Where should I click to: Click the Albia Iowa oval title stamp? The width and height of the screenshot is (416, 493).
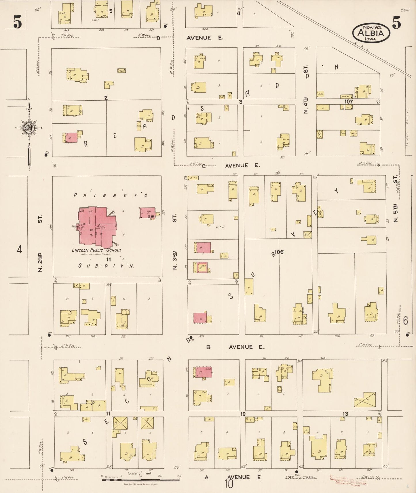tap(371, 33)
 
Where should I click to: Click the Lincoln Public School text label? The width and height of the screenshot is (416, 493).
tap(97, 250)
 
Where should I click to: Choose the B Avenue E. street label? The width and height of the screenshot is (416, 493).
tap(235, 347)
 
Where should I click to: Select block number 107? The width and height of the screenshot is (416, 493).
tap(348, 102)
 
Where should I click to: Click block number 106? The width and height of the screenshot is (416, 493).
tap(279, 252)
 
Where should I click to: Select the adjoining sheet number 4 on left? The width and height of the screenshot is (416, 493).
tap(19, 249)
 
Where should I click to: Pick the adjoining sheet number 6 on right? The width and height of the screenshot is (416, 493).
tap(406, 320)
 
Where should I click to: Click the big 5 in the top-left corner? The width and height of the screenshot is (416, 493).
tap(17, 22)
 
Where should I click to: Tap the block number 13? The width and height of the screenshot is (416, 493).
tap(345, 414)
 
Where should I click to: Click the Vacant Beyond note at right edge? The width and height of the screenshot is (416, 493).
tap(407, 128)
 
